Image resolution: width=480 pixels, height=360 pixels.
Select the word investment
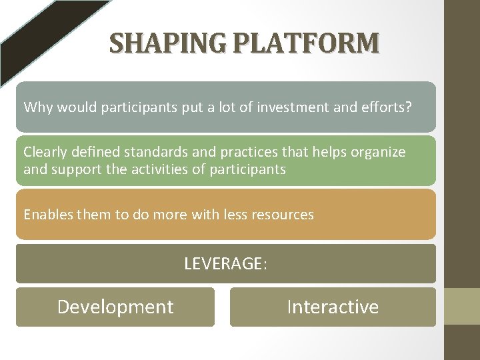(291, 107)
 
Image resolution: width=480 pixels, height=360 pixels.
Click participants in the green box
(247, 169)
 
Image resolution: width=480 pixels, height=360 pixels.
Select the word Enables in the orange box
(47, 215)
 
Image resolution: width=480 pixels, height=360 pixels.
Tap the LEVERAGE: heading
(225, 264)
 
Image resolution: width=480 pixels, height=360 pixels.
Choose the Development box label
(115, 307)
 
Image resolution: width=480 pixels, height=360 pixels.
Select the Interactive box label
(333, 307)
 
